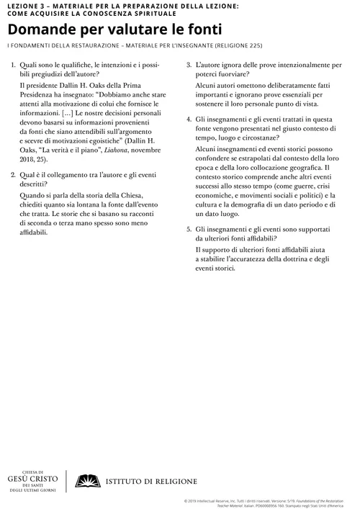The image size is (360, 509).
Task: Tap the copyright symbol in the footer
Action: [x=187, y=497]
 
